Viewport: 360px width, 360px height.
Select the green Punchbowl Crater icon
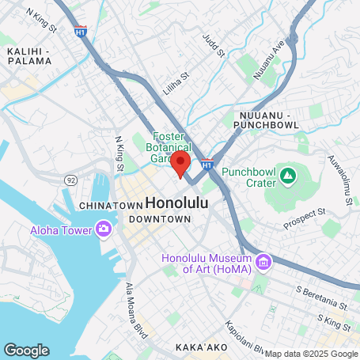pos(286,172)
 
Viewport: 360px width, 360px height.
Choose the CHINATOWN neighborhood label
pos(110,206)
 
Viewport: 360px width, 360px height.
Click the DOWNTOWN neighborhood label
pos(160,218)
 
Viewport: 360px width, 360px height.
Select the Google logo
pos(26,350)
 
